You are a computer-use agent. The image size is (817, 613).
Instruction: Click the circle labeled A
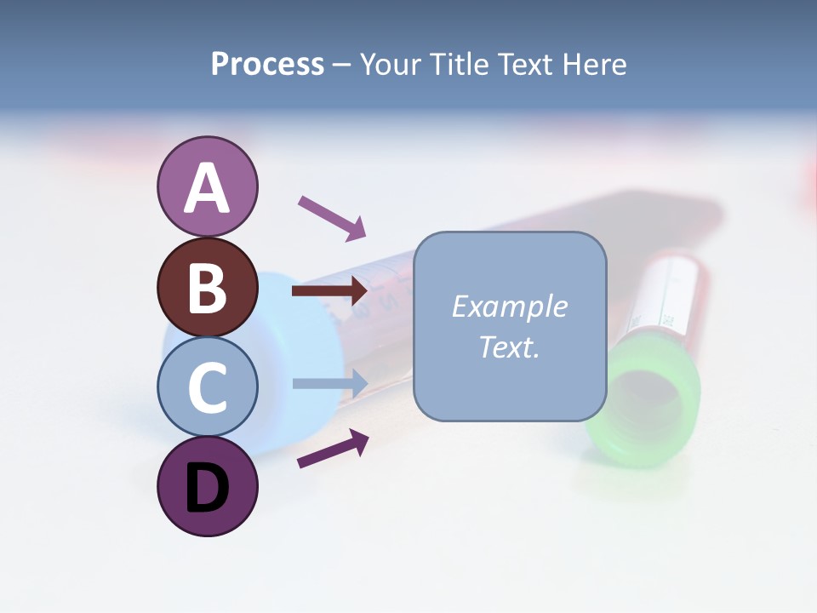coord(208,186)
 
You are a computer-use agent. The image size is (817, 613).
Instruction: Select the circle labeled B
coord(208,287)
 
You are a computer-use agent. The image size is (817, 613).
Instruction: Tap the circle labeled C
coord(208,387)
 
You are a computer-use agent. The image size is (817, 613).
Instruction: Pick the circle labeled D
coord(208,487)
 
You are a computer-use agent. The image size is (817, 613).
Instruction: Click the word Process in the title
coord(267,65)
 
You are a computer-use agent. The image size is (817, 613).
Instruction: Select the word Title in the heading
coord(459,65)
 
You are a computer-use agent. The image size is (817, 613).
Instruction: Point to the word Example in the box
coord(509,306)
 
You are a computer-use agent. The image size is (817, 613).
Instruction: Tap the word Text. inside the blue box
coord(509,347)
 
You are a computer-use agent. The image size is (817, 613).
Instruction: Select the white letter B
coord(208,288)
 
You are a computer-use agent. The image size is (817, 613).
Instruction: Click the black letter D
coord(208,488)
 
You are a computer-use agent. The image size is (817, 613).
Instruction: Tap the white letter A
coord(208,187)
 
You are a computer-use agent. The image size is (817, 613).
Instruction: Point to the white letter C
coord(208,388)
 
